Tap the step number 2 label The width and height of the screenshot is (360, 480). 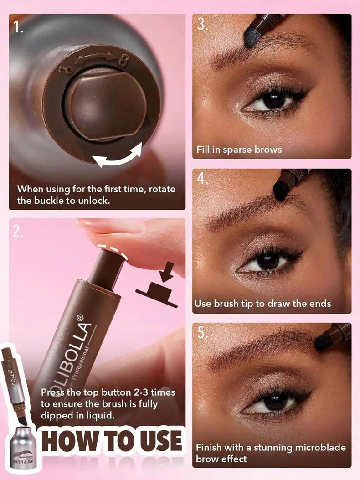pyautogui.click(x=17, y=232)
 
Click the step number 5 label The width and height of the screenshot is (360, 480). pyautogui.click(x=202, y=333)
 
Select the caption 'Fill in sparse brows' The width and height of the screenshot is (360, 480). pyautogui.click(x=239, y=150)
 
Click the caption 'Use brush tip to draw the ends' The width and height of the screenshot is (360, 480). pyautogui.click(x=262, y=304)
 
